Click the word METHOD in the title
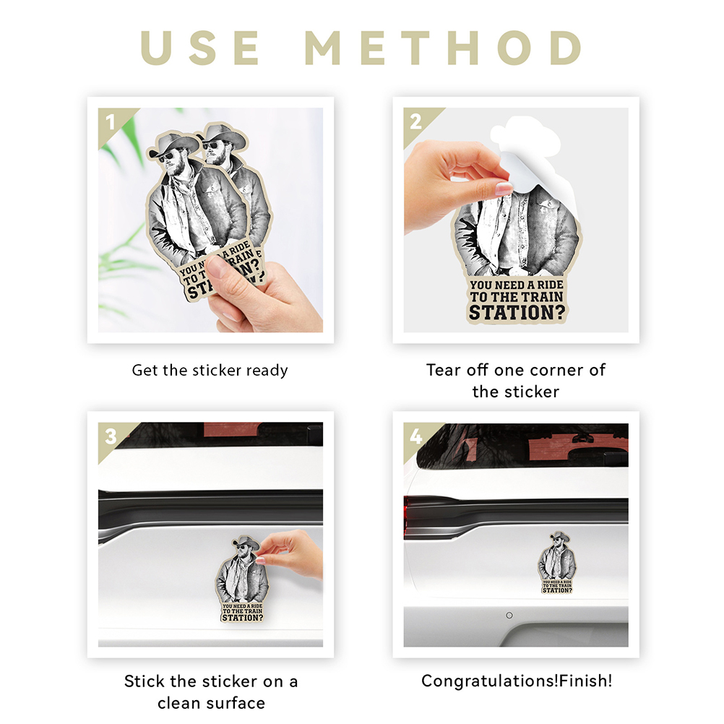[x=443, y=48]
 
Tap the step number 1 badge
[x=110, y=122]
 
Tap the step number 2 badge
[x=415, y=122]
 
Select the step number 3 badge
[x=111, y=436]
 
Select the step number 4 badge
[x=415, y=436]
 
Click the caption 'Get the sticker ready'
[x=210, y=371]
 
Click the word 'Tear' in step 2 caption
[x=444, y=370]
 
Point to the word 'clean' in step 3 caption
[x=179, y=703]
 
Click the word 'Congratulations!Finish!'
[x=517, y=681]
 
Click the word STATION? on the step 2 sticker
[x=517, y=313]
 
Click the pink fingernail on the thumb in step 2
[x=503, y=188]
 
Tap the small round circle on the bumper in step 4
[x=509, y=615]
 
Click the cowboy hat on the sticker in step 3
[x=246, y=542]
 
